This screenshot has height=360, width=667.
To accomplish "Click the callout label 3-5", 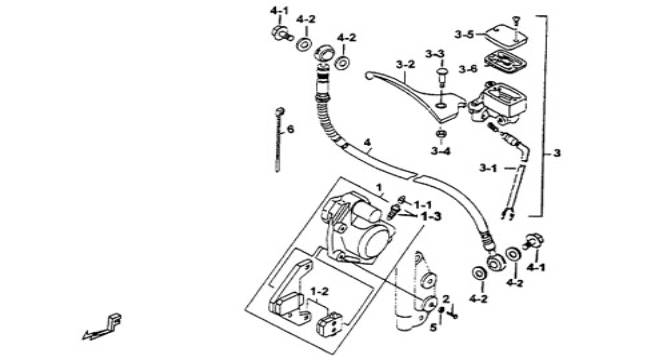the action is (464, 34).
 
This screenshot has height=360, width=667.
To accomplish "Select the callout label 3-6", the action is (468, 69).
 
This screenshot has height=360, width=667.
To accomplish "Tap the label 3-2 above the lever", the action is (405, 65).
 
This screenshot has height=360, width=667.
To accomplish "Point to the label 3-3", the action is (435, 54).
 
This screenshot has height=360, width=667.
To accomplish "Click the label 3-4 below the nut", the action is (440, 151).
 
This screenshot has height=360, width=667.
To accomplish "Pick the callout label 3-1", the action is (488, 168).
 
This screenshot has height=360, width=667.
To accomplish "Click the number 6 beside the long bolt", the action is (290, 129).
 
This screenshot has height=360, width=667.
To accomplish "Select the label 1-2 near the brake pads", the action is (319, 292).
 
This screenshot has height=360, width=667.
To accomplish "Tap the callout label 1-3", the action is (431, 217).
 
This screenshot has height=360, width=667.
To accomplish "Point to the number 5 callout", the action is (433, 328).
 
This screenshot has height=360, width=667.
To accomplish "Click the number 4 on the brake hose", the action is (368, 143).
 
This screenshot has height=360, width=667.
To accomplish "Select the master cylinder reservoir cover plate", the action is (506, 35).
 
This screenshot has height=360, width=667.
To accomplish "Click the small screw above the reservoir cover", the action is (516, 21).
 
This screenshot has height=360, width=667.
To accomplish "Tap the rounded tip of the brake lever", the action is (369, 76).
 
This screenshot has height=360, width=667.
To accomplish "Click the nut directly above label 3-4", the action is (440, 134).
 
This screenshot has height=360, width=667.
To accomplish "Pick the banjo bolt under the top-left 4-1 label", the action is (282, 33).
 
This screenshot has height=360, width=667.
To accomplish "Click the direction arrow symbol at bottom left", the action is (102, 328).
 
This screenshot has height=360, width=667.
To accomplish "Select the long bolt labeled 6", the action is (279, 140).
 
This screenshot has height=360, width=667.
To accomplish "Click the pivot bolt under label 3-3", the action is (442, 78).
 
